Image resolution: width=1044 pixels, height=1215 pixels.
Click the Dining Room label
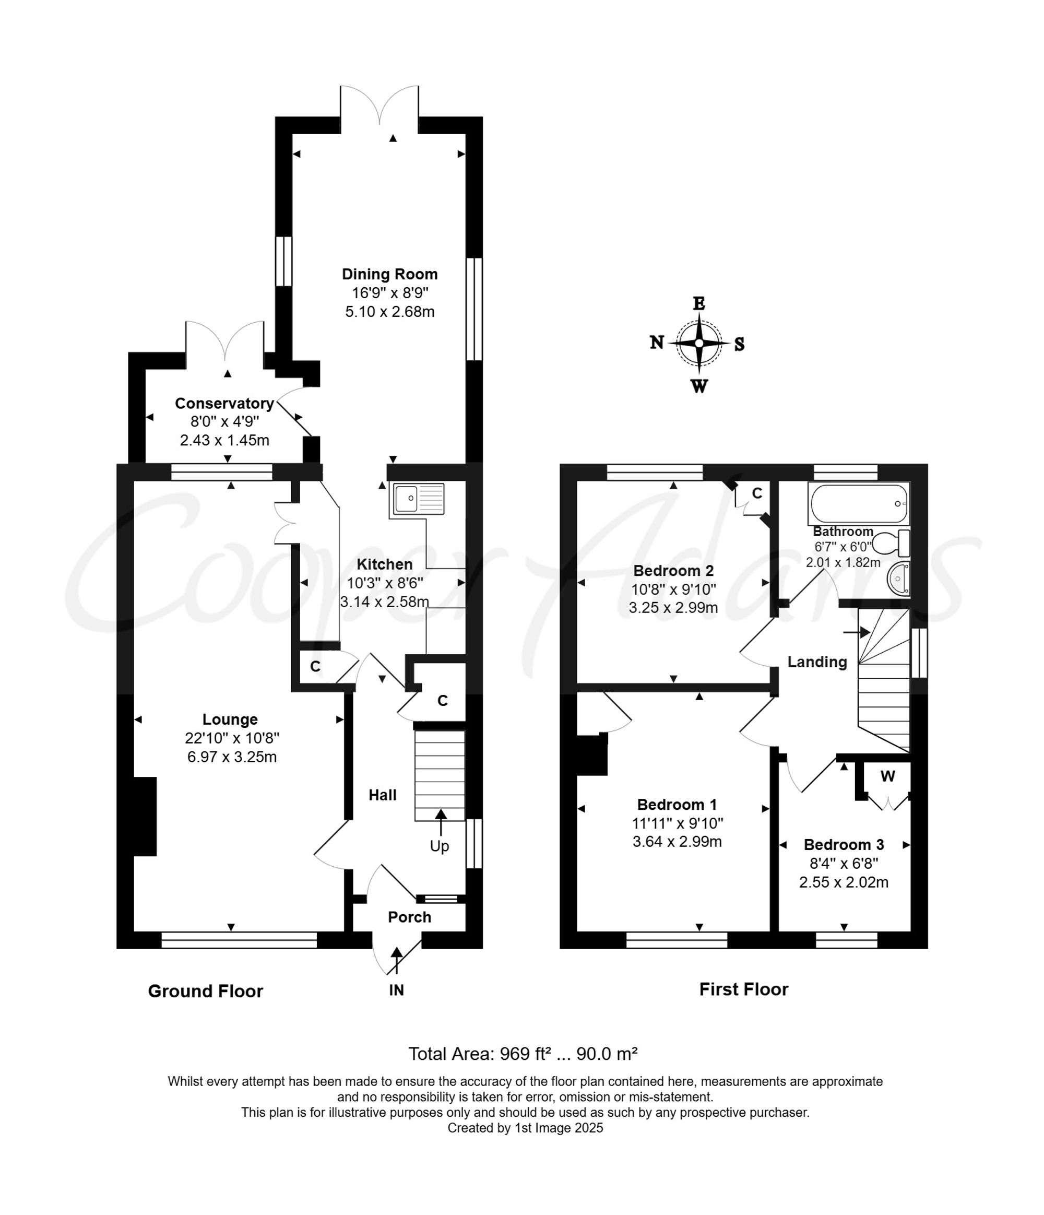point(390,274)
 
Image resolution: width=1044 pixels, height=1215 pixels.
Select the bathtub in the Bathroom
point(858,503)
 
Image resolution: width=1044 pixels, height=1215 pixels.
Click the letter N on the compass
point(657,343)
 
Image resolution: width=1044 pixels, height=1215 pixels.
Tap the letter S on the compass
point(739,344)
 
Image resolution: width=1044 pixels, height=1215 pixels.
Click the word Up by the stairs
point(439,846)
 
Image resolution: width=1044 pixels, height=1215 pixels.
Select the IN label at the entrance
point(396,990)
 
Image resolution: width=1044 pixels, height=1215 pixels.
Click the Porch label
point(409,917)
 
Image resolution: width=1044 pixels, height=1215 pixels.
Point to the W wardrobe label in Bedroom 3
point(887,776)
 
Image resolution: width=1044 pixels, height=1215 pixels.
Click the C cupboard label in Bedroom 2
point(757,493)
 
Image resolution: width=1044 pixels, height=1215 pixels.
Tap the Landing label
point(816,662)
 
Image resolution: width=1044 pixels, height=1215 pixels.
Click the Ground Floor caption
point(205,991)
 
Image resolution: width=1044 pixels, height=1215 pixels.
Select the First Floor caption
point(743,989)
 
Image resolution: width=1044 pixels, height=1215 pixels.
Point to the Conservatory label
point(224,404)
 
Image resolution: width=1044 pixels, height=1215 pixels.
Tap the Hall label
point(382,795)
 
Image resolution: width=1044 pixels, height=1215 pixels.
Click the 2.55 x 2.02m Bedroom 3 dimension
point(844,882)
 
